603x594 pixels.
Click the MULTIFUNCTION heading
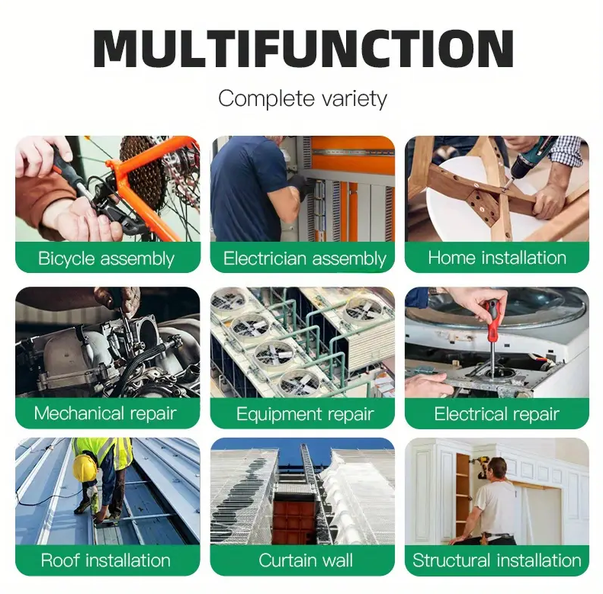pyautogui.click(x=303, y=49)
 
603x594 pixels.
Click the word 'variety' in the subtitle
pyautogui.click(x=354, y=99)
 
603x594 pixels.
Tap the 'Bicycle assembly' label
pyautogui.click(x=106, y=258)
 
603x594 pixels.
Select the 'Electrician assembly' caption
pyautogui.click(x=305, y=258)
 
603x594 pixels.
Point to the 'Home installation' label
pyautogui.click(x=497, y=258)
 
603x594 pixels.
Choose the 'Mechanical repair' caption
pyautogui.click(x=105, y=413)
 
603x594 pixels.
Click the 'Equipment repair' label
pyautogui.click(x=305, y=414)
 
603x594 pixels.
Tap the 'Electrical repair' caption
pyautogui.click(x=496, y=414)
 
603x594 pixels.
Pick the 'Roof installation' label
pyautogui.click(x=105, y=560)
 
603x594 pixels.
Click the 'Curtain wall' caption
pyautogui.click(x=306, y=560)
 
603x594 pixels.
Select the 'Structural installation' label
pyautogui.click(x=497, y=560)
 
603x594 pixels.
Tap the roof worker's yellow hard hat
pyautogui.click(x=84, y=467)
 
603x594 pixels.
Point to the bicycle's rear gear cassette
pyautogui.click(x=143, y=174)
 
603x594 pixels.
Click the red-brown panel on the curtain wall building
pyautogui.click(x=294, y=518)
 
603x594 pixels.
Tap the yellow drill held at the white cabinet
pyautogui.click(x=482, y=466)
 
